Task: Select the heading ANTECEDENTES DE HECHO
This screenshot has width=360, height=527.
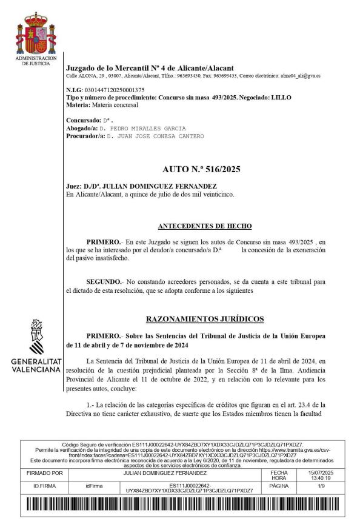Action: tap(204, 226)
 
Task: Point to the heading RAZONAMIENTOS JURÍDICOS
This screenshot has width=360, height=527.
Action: tap(205, 318)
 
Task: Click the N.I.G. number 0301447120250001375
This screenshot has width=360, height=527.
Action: tap(115, 90)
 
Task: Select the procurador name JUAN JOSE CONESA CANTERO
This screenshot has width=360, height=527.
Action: tap(160, 136)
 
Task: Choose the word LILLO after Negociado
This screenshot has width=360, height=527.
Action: tap(281, 97)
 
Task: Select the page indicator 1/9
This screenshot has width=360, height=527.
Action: tap(321, 486)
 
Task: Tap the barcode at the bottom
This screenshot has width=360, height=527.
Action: tap(180, 505)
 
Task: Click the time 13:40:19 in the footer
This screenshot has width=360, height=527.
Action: tap(321, 477)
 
